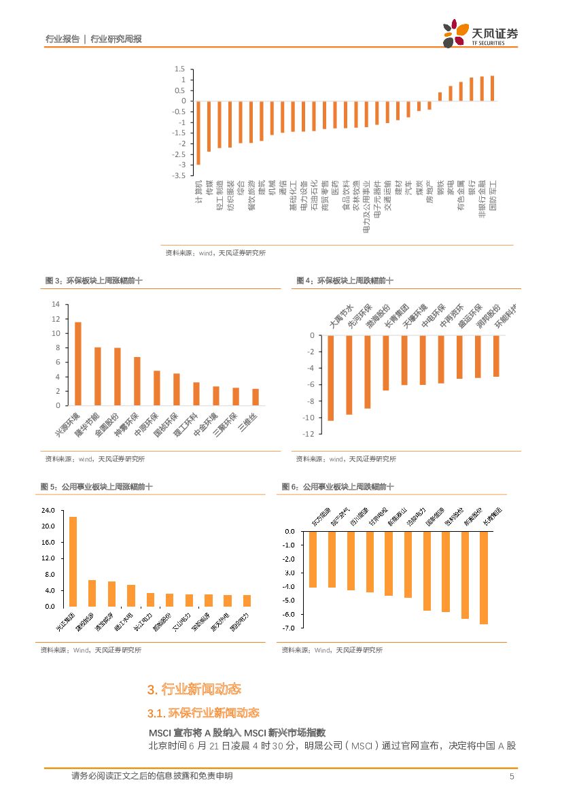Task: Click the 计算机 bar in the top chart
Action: (x=198, y=133)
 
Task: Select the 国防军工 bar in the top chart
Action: (x=493, y=88)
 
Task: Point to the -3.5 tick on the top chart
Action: (x=179, y=175)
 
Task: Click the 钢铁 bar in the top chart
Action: (x=440, y=97)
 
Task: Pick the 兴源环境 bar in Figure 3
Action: (x=78, y=364)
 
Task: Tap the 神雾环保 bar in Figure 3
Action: (x=137, y=381)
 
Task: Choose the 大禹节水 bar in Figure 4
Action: (x=331, y=378)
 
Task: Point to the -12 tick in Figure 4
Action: (x=309, y=434)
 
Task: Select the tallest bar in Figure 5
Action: (x=73, y=562)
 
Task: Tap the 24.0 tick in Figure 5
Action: (x=48, y=510)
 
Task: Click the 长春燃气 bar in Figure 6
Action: (x=484, y=577)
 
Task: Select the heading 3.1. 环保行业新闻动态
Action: (x=203, y=713)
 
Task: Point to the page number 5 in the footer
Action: (x=512, y=776)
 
